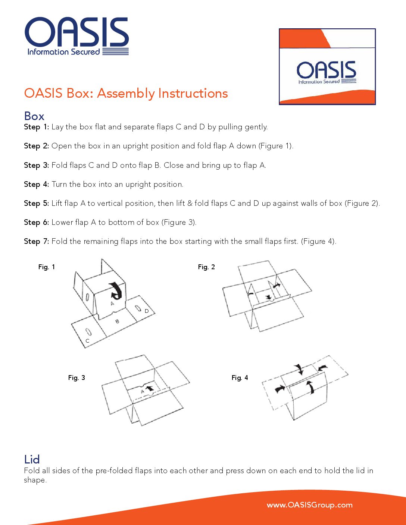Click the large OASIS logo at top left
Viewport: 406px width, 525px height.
[x=76, y=36]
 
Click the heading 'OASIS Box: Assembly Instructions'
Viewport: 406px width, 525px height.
[x=126, y=93]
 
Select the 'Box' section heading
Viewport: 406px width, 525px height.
[x=34, y=116]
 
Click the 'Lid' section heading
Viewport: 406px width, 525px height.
[x=32, y=459]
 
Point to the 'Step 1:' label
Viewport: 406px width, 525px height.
[x=36, y=127]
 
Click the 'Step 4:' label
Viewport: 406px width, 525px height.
[x=36, y=184]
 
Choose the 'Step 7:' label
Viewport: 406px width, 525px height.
[x=36, y=241]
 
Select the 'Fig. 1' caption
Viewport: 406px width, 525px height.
[x=47, y=267]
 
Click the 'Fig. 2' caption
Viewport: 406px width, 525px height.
[x=206, y=267]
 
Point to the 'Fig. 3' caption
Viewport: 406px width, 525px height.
[x=76, y=378]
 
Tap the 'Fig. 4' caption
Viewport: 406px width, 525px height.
[x=240, y=378]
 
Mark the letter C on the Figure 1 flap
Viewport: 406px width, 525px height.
[x=87, y=341]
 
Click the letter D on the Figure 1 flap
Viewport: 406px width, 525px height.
[x=147, y=311]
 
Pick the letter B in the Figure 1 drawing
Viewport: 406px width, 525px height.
[x=117, y=321]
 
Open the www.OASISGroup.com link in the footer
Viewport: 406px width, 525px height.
[x=309, y=505]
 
